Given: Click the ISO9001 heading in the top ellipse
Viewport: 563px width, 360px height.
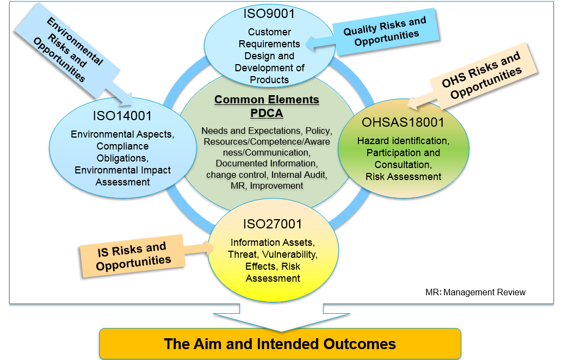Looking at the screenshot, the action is coord(269,14).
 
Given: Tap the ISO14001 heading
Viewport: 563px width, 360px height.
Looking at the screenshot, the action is coord(122,116).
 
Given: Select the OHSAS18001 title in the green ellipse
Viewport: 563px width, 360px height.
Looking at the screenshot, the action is coord(403,122).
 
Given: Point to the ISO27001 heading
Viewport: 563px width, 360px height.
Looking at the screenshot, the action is coord(273,224).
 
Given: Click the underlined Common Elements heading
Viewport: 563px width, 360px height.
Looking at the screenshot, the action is coord(267,100).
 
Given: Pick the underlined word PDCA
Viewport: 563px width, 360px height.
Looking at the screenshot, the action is coord(267,113).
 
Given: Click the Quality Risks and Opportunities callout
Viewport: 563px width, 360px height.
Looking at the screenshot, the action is coord(385,32).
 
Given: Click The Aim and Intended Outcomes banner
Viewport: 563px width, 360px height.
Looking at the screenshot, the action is coord(280,344).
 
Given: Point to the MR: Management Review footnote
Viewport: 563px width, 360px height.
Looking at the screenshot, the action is coord(475,292).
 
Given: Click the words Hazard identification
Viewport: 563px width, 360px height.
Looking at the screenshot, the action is coord(403,141).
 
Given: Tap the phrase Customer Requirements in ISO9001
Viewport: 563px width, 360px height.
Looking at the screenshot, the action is coord(269,38).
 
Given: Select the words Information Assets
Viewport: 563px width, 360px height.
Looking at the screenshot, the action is coord(273,243).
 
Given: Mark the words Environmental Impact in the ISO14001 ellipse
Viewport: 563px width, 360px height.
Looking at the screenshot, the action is coord(123,170).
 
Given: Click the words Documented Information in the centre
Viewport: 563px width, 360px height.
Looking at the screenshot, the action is coord(266,164).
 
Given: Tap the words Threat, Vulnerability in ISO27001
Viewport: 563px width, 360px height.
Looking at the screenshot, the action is coord(273,255).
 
